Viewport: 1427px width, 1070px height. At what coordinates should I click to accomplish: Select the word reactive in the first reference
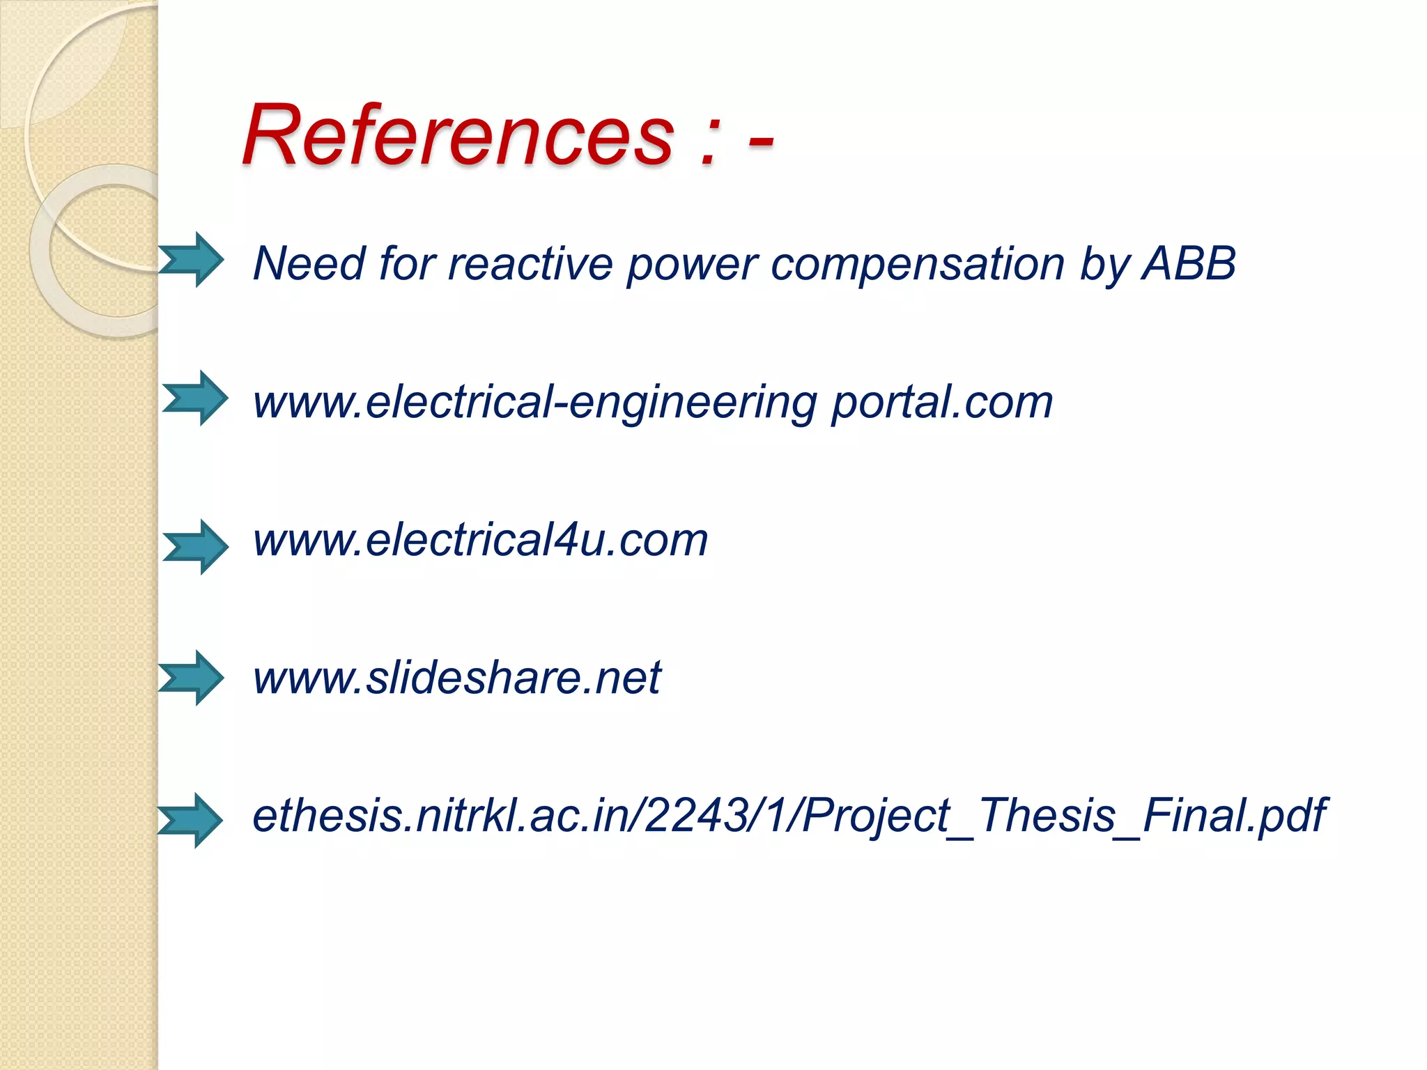(x=529, y=264)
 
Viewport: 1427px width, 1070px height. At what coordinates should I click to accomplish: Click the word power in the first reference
(x=691, y=265)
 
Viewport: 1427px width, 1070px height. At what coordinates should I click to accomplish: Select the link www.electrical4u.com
(x=480, y=540)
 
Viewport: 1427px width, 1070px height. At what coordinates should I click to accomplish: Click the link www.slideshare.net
(x=457, y=677)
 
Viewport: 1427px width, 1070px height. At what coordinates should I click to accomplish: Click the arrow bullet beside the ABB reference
(x=191, y=260)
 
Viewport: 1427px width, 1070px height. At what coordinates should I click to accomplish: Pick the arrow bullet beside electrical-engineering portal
(x=195, y=398)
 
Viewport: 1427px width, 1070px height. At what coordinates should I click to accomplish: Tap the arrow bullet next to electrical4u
(x=196, y=547)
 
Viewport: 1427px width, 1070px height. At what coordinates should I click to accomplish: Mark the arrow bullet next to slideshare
(x=191, y=678)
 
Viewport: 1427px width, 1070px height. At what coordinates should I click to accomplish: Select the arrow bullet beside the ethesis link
(x=190, y=820)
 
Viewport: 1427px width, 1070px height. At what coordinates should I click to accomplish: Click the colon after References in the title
(x=709, y=143)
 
